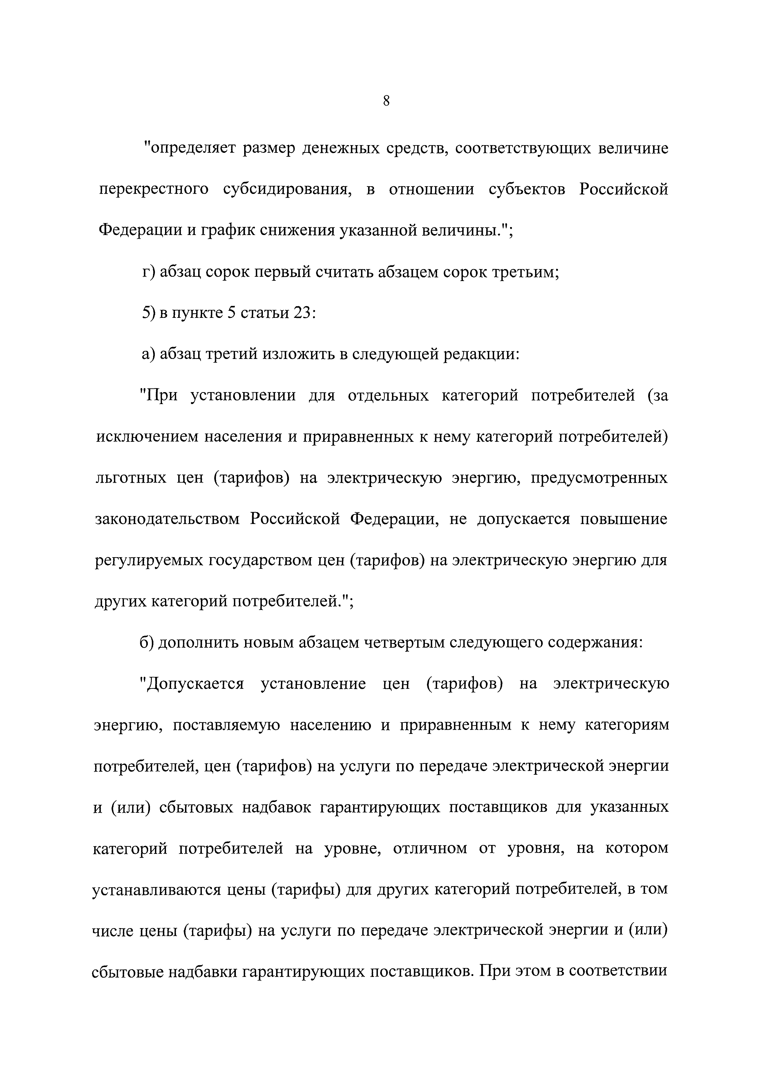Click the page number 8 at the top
[386, 101]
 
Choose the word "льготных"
[131, 478]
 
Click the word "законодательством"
[167, 519]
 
